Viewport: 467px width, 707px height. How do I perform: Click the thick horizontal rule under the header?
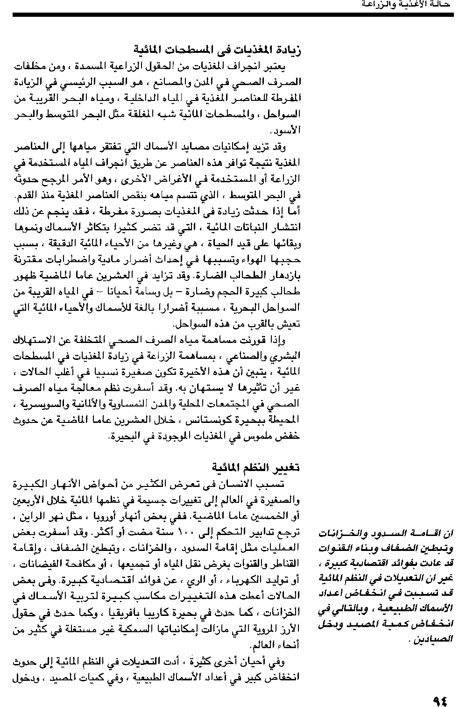click(233, 15)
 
